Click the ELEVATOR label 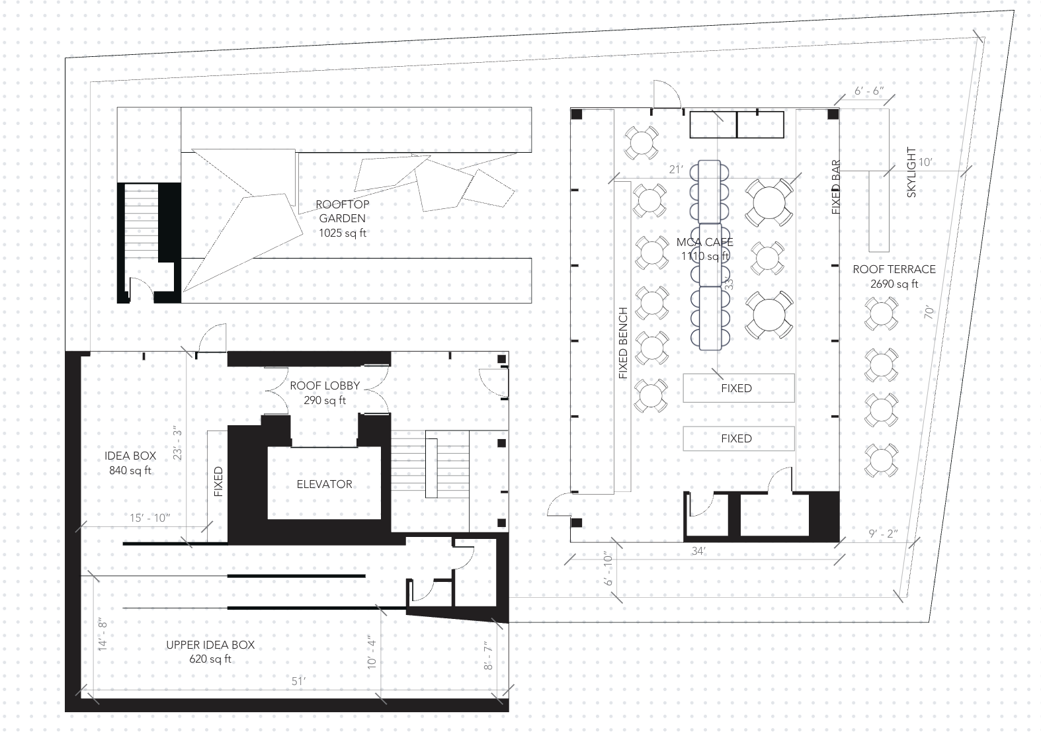click(x=324, y=484)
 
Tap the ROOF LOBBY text click(x=325, y=386)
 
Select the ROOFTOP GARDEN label click(x=343, y=212)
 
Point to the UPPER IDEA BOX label click(x=210, y=645)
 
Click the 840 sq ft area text click(x=130, y=470)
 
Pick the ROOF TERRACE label click(x=894, y=270)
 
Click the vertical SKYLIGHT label click(x=911, y=173)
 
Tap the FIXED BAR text click(x=836, y=187)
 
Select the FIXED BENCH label click(x=623, y=343)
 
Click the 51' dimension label click(x=298, y=681)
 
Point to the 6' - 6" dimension click(x=869, y=91)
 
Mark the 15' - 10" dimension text click(x=149, y=518)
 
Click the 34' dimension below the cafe click(x=698, y=551)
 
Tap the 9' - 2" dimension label click(x=883, y=534)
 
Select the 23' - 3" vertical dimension click(x=177, y=443)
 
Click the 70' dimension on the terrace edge click(x=929, y=311)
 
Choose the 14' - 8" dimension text click(x=103, y=635)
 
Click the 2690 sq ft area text click(x=894, y=284)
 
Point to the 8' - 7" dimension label click(x=487, y=656)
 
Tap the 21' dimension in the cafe click(x=676, y=170)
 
